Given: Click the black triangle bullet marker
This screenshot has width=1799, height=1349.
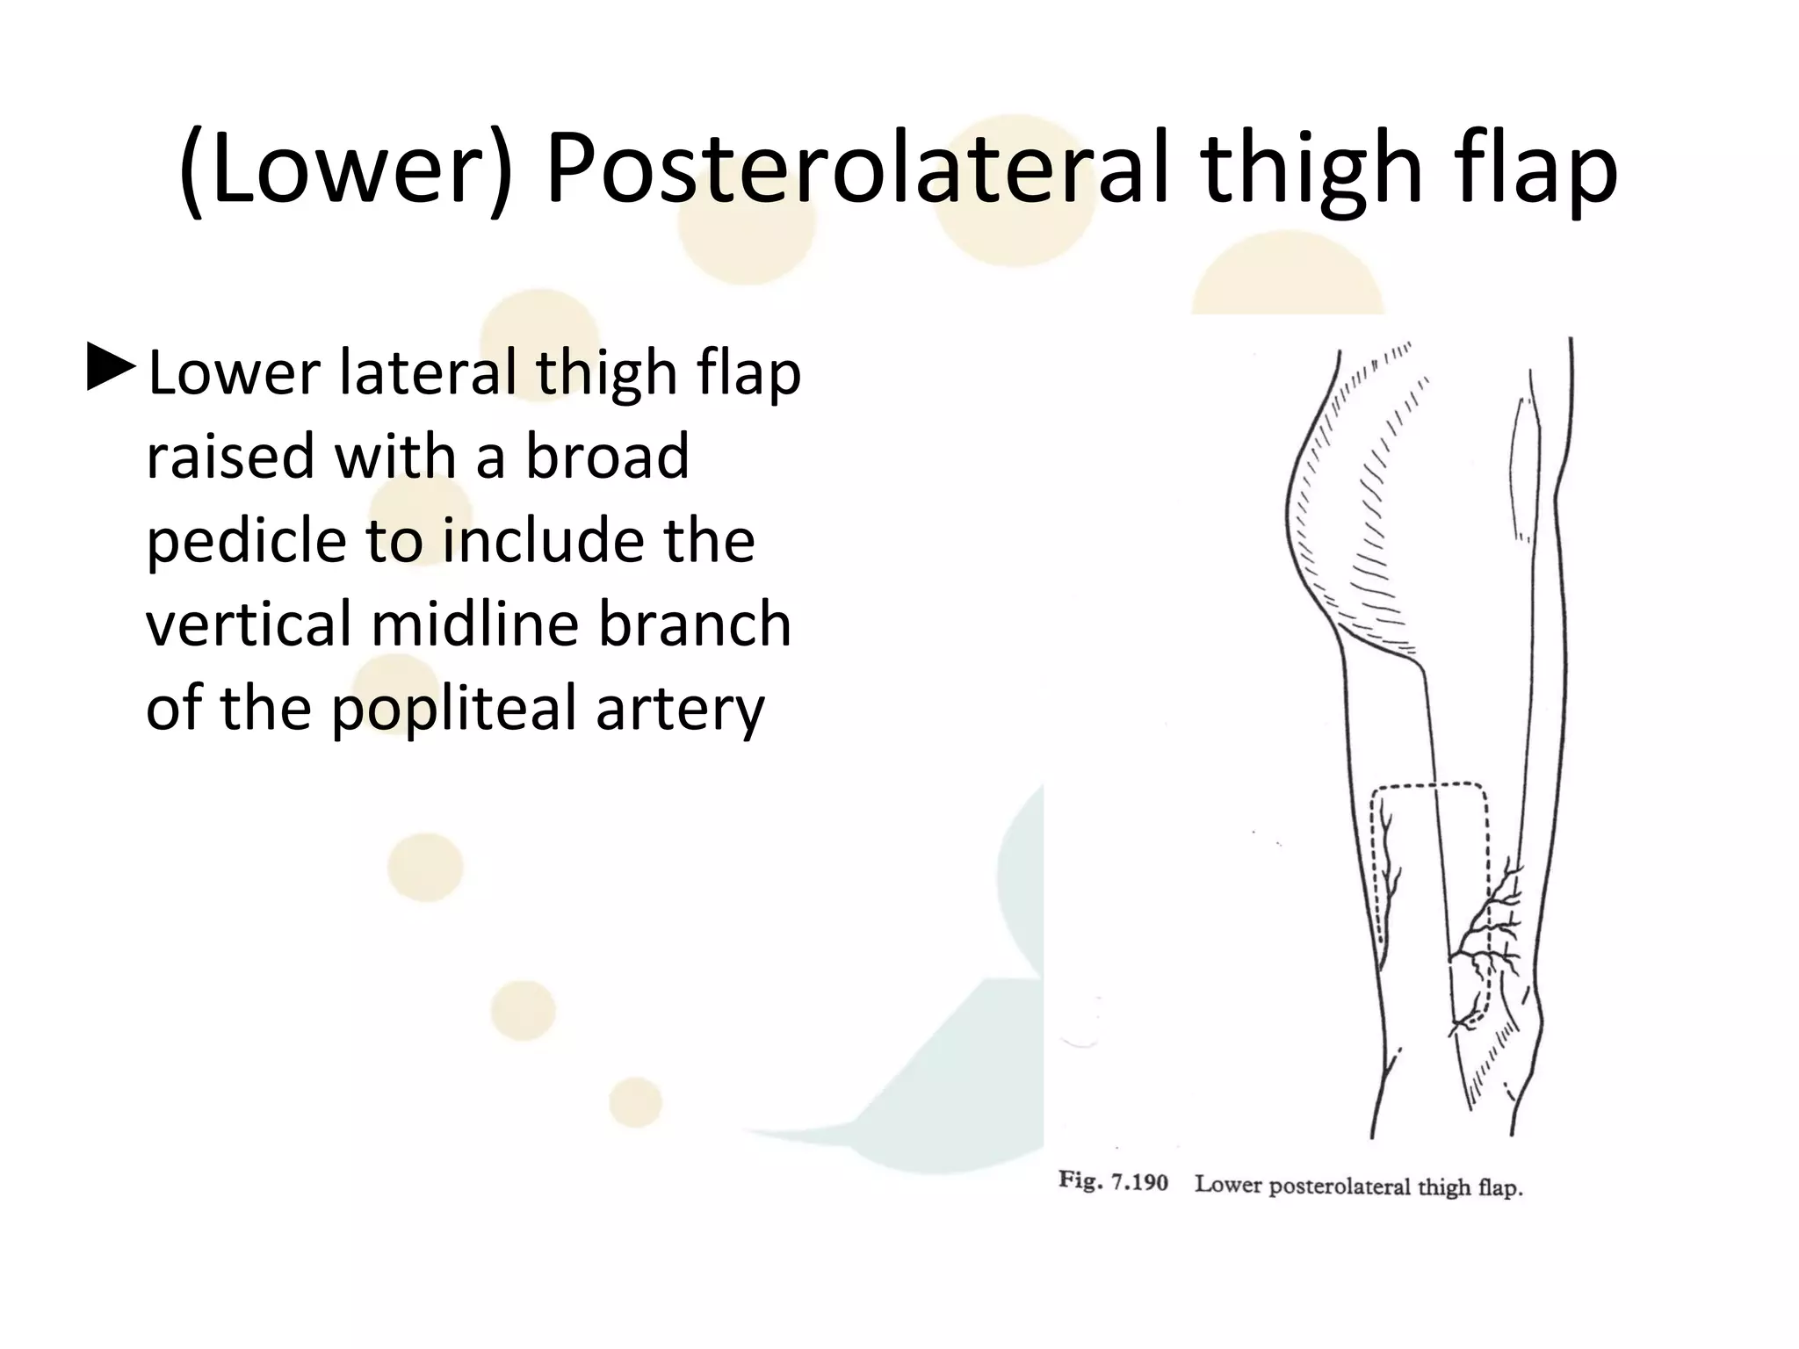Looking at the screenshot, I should [x=112, y=370].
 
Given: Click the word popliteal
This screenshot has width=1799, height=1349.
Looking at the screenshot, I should [x=454, y=708].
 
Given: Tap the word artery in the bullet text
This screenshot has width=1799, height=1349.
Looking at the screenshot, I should [x=680, y=708].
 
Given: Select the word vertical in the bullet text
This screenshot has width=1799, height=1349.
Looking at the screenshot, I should [x=249, y=624].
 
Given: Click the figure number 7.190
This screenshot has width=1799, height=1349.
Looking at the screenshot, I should [x=1139, y=1182].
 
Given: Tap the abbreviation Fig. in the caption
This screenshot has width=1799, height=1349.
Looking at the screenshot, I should [x=1080, y=1181].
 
